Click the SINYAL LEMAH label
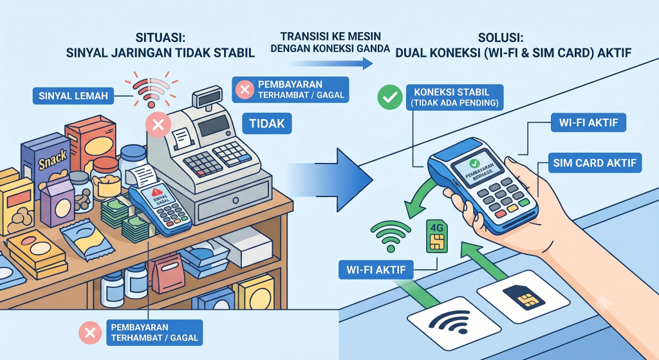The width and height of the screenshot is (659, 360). coord(73,96)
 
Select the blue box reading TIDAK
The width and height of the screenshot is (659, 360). coord(267,124)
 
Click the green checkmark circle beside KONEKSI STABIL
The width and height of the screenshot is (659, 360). coord(390,97)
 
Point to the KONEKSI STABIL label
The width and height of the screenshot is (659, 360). coord(454,97)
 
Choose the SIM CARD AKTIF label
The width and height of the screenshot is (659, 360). coord(595,163)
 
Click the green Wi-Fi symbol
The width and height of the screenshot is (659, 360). coord(391,236)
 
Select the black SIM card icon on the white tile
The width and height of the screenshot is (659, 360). coord(523,296)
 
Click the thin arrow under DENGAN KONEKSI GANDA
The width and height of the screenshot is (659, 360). coord(330,64)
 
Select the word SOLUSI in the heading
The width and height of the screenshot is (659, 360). coord(501,38)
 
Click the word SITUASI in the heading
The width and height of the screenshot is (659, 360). coord(160,37)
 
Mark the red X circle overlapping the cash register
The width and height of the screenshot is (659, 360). coord(158,124)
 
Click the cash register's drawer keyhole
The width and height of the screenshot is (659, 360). coord(236,200)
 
